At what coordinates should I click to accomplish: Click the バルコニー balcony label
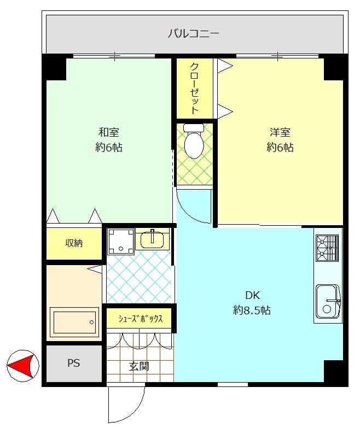(194, 34)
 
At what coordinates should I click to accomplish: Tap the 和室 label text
(109, 132)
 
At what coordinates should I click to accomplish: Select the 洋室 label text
(280, 132)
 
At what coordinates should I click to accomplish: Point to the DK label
(252, 295)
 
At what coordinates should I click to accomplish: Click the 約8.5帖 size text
(252, 310)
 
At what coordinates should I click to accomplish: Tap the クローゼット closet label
(195, 89)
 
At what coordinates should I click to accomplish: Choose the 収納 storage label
(74, 243)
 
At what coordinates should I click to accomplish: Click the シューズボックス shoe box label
(141, 319)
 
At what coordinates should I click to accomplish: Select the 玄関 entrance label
(140, 366)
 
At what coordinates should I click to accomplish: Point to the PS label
(74, 363)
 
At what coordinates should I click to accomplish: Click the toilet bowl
(194, 145)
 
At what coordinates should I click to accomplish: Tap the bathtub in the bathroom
(74, 322)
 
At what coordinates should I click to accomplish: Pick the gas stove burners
(327, 248)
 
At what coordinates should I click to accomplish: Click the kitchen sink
(328, 301)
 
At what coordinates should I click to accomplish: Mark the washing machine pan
(121, 242)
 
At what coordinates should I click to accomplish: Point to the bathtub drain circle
(92, 322)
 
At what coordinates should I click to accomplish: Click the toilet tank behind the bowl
(194, 128)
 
